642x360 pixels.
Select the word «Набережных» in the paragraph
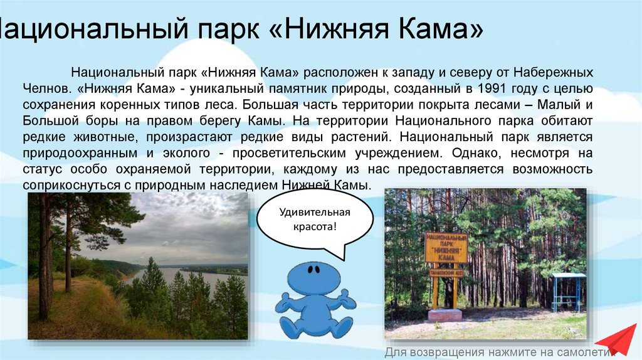[x=553, y=73]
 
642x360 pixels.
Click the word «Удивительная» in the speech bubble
[x=315, y=212]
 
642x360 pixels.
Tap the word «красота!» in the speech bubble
[x=315, y=226]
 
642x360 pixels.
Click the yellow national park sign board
[x=446, y=247]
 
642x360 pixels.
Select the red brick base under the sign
[x=445, y=315]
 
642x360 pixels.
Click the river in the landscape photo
[x=184, y=277]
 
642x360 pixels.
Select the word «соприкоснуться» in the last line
[x=71, y=186]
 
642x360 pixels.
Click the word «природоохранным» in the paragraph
[x=80, y=154]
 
